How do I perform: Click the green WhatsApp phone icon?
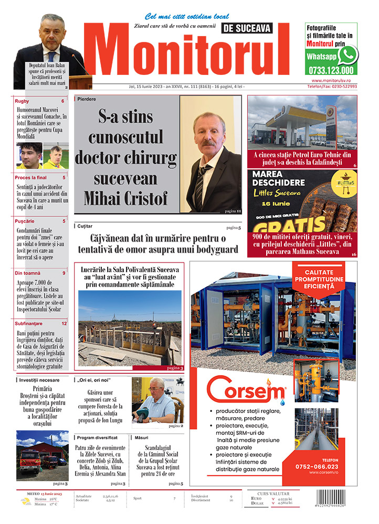point(348,54)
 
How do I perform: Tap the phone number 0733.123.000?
point(331,70)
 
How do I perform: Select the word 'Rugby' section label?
point(23,101)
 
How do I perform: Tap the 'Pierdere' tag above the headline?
point(87,99)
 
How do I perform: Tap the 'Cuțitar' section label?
point(85,226)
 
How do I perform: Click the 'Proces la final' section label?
point(31,178)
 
